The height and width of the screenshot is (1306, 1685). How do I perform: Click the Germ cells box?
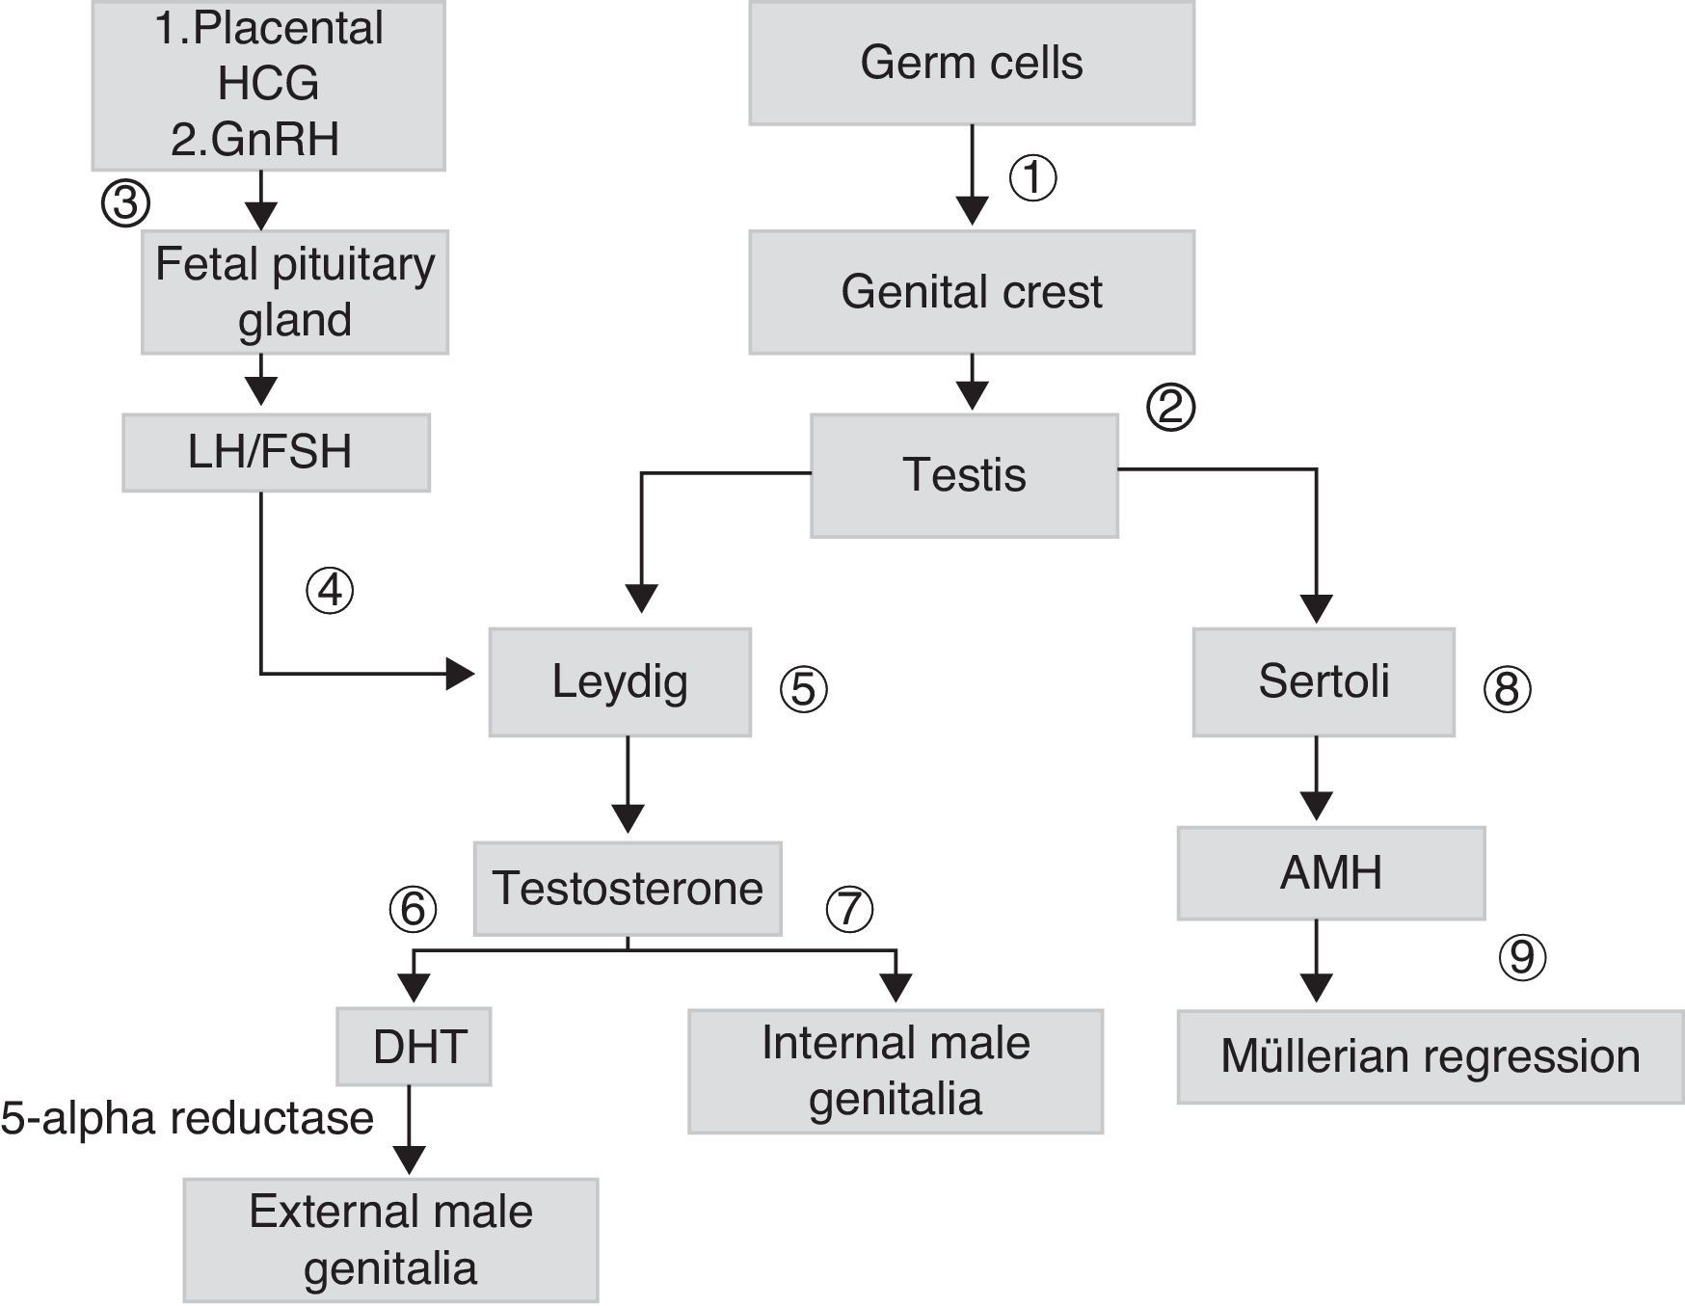(x=972, y=64)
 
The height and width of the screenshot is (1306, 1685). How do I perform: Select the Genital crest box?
(x=972, y=292)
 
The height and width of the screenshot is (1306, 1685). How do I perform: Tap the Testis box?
(x=964, y=475)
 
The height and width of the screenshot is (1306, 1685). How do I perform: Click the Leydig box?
(x=620, y=682)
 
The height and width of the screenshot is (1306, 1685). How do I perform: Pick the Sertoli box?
(x=1324, y=682)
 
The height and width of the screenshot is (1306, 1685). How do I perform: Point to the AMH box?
(x=1330, y=873)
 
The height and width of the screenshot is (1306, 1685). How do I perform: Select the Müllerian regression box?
(x=1431, y=1056)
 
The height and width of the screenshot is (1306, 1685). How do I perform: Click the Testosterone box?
(x=628, y=889)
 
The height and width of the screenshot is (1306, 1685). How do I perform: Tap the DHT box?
(x=414, y=1047)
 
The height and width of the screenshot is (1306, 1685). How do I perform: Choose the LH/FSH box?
(x=276, y=453)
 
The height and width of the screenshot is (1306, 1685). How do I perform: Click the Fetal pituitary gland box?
(x=295, y=292)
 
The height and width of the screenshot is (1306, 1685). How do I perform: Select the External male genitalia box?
(x=390, y=1239)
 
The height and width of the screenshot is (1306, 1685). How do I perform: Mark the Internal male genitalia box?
(x=896, y=1071)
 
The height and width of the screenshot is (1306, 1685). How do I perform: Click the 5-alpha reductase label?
(x=187, y=1119)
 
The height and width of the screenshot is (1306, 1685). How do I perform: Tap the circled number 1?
(x=1032, y=178)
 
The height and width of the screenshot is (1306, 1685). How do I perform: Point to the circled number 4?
(x=330, y=590)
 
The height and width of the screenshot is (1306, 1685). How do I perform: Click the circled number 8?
(x=1507, y=689)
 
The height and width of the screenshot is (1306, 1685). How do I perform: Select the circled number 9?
(x=1522, y=957)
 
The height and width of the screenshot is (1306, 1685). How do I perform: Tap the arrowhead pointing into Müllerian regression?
(x=1316, y=987)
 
